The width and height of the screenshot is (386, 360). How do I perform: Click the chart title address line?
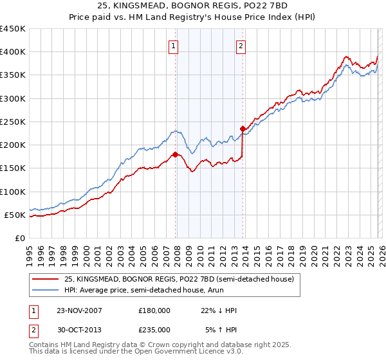[x=193, y=6]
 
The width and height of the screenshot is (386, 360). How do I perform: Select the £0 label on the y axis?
[x=19, y=238]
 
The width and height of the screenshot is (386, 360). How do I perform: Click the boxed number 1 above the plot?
[x=174, y=46]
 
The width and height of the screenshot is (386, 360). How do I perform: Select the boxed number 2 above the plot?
[x=241, y=46]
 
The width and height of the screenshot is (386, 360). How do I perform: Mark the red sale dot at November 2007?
[x=175, y=154]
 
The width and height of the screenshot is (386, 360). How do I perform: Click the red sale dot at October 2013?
[x=243, y=129]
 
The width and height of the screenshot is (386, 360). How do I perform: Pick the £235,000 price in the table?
[x=154, y=329]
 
